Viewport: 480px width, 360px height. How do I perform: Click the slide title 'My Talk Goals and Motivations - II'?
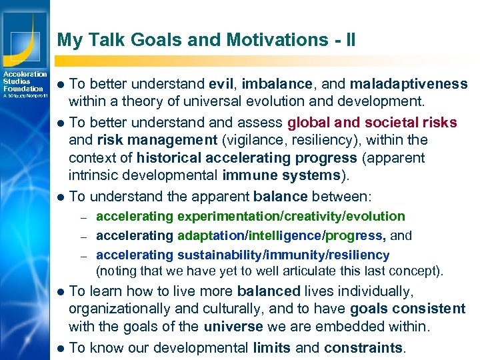click(206, 40)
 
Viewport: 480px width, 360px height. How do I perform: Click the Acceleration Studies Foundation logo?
click(24, 84)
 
